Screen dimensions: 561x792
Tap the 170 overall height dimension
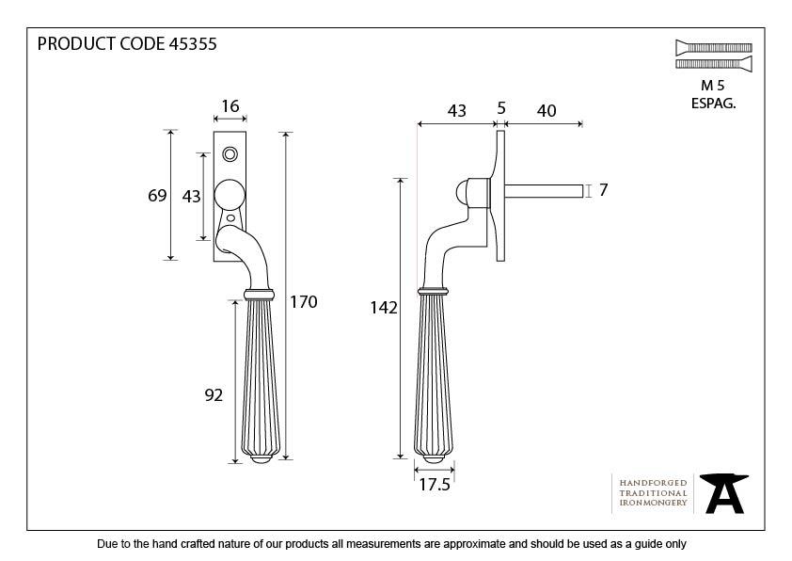[304, 302]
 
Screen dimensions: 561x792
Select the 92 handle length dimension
[214, 395]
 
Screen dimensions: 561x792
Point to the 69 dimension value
[157, 196]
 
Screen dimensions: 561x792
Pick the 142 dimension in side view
[386, 307]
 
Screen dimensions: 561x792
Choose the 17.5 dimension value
[434, 485]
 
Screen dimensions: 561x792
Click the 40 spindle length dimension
[545, 111]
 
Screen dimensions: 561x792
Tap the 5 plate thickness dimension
[501, 110]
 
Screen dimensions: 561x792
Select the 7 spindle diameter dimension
[603, 190]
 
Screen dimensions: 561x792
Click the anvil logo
[724, 493]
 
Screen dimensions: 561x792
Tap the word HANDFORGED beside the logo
[653, 481]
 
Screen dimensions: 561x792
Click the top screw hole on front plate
[230, 153]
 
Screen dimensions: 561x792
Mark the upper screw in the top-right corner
[713, 46]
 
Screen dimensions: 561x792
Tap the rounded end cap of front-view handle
[260, 458]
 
